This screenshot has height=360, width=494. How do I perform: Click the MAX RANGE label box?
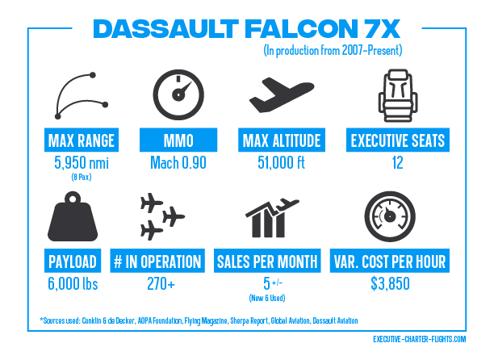pos(82,140)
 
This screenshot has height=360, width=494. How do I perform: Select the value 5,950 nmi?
pos(82,163)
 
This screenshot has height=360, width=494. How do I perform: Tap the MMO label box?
pos(178,140)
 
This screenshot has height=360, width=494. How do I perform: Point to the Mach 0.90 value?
pos(178,163)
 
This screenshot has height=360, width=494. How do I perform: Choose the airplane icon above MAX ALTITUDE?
pos(282,94)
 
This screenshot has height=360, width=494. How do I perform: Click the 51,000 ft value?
pos(282,163)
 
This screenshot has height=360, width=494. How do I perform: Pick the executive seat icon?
pos(398,95)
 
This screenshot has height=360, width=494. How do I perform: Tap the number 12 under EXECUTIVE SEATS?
pos(398,163)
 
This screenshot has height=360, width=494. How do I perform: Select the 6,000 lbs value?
pos(73,283)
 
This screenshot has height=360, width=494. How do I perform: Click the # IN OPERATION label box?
pos(157,261)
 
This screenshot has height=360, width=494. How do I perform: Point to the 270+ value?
pos(161,283)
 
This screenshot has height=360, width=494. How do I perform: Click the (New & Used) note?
pos(267,298)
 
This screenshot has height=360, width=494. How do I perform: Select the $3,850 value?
pos(390,283)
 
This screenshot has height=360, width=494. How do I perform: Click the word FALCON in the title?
pos(301,29)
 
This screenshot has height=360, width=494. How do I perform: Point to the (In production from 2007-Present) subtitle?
pos(333,50)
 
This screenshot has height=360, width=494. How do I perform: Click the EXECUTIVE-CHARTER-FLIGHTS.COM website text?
pos(419,339)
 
